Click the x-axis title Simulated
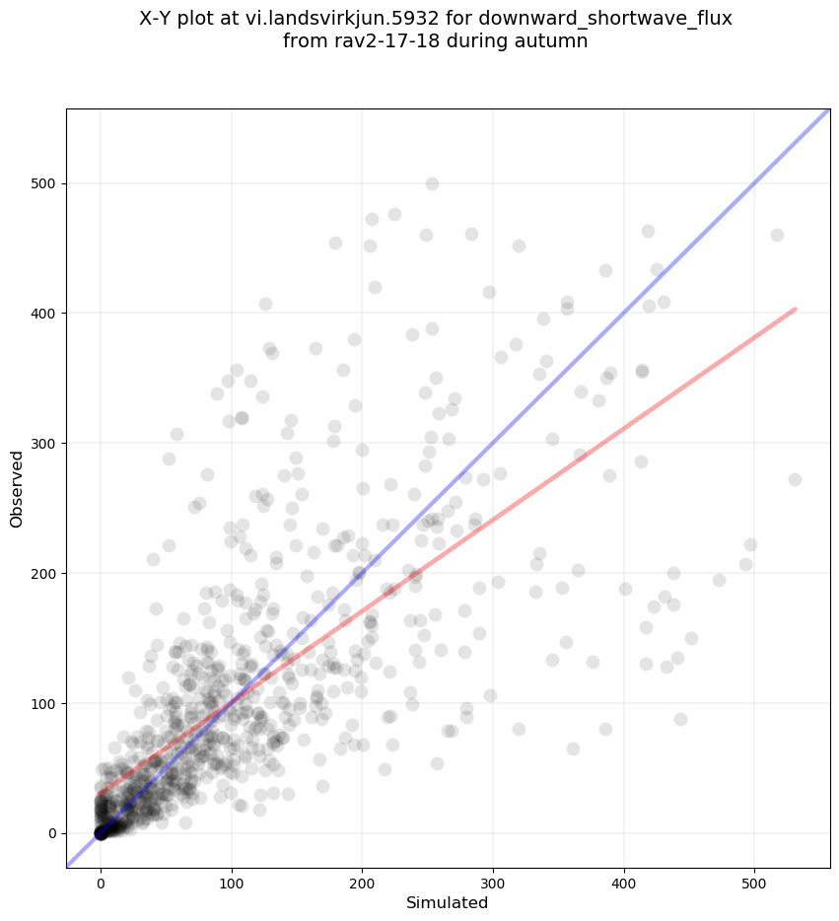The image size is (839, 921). coord(448,902)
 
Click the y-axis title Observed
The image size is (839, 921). coord(18,488)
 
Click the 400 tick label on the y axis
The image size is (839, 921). coord(44,314)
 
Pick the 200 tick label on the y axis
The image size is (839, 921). coord(44,573)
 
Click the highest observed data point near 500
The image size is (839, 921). coord(432,183)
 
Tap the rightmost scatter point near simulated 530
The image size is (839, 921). coord(795,479)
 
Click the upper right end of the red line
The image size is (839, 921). coord(794,310)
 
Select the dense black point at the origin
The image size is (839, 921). coord(101,833)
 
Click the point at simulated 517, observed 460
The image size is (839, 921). coord(777,235)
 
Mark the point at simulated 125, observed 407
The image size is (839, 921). coord(265,304)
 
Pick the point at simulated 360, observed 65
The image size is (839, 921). coord(573,748)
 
